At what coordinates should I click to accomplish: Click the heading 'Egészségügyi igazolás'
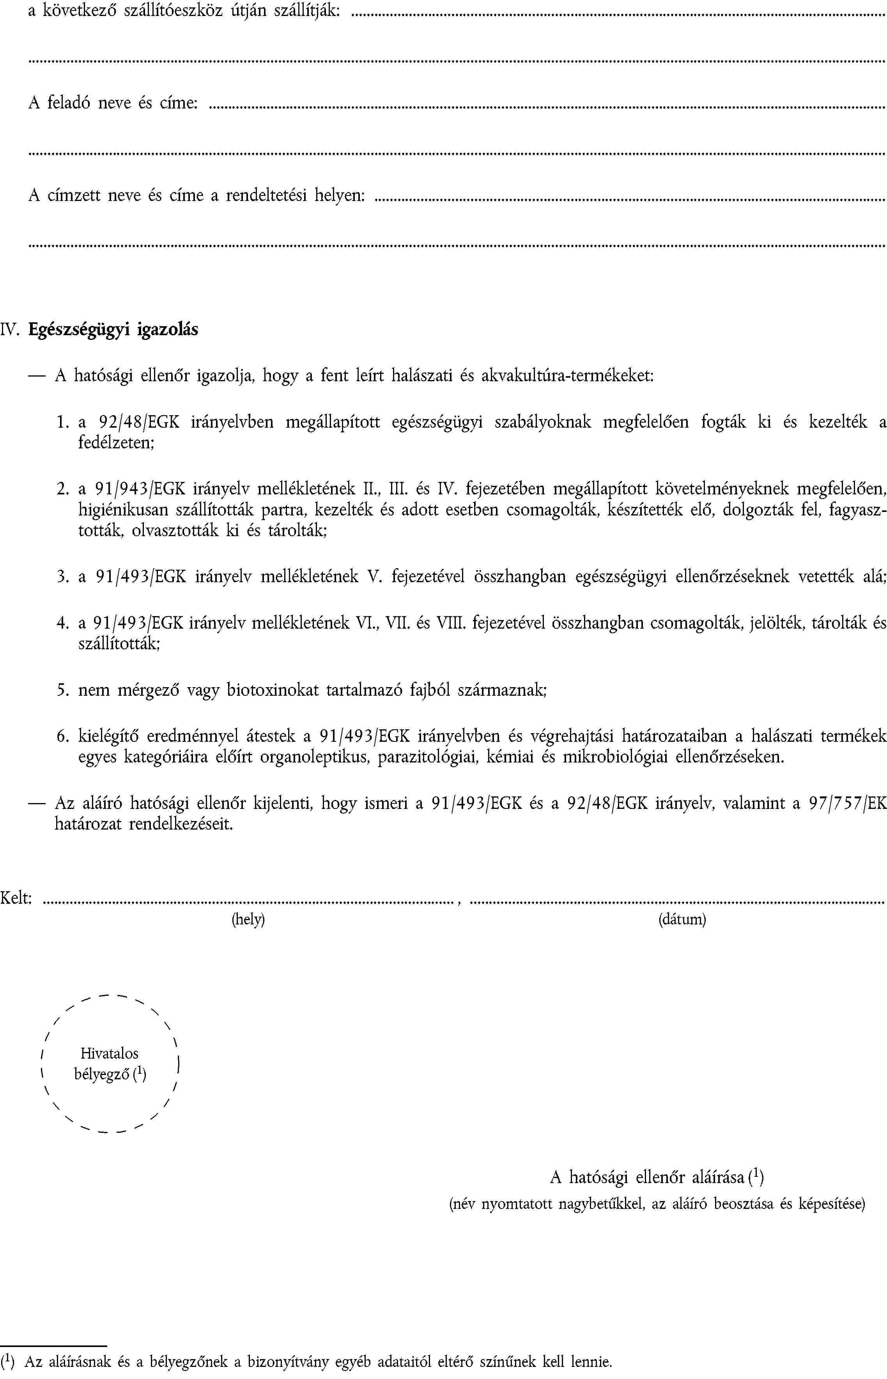click(113, 330)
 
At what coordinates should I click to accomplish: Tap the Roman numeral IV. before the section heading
click(11, 330)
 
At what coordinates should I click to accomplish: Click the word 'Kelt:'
click(16, 898)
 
